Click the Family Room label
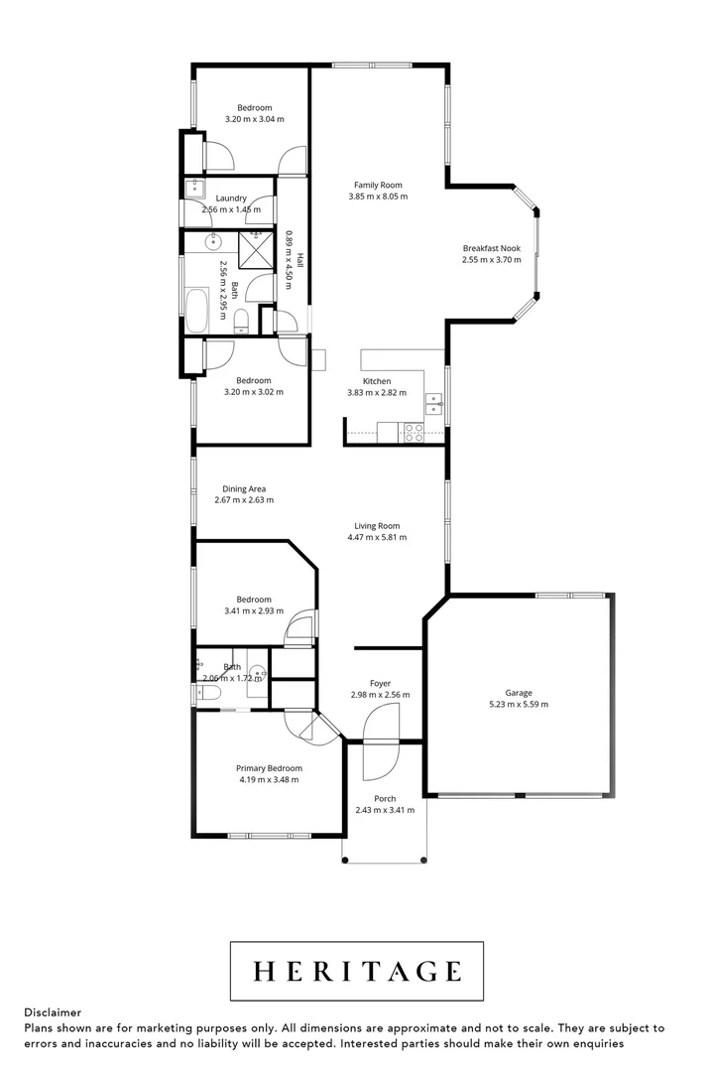point(378,185)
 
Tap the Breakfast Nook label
point(491,248)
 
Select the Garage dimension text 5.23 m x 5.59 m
point(519,704)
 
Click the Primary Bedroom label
point(269,767)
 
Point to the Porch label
point(385,798)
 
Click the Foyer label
point(380,683)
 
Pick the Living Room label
point(377,526)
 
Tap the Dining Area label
point(244,488)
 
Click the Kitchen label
point(377,381)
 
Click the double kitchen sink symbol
point(434,404)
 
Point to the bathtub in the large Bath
point(196,311)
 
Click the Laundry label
point(231,199)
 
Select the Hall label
point(299,260)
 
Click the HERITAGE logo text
point(357,971)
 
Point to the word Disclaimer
point(53,1012)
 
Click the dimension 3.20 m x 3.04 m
point(255,119)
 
